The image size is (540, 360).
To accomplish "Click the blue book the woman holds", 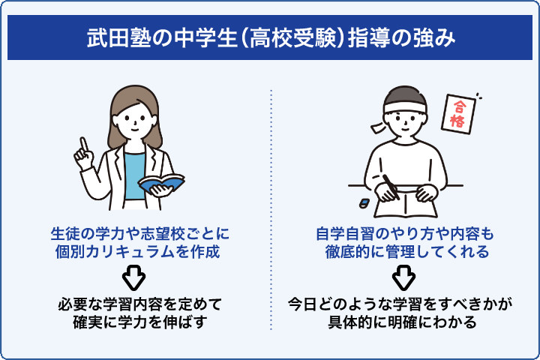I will coord(161,183).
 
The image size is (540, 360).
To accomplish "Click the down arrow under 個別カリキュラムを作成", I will coord(133,278).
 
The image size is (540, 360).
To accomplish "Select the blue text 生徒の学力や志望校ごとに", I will coord(133,234).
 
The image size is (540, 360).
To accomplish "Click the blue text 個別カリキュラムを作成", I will coord(133,252).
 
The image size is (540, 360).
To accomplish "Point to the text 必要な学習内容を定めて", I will coord(133,304).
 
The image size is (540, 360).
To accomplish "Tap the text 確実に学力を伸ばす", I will coord(133,322).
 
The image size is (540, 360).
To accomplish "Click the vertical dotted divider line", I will coord(270,210).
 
